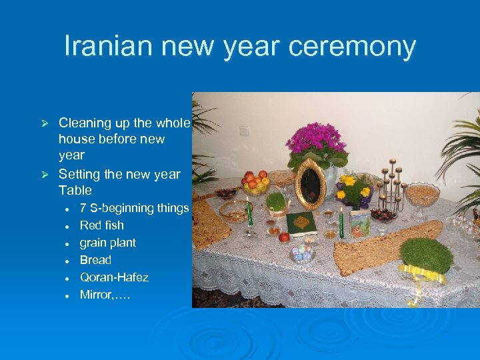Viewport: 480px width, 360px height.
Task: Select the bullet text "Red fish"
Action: [x=101, y=225]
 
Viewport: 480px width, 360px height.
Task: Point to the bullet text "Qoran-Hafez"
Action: [x=114, y=277]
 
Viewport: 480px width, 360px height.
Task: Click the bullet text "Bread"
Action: [x=95, y=260]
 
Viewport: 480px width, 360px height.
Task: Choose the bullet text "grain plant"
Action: [x=107, y=243]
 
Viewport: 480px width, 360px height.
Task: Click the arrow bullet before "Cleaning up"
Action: [x=45, y=123]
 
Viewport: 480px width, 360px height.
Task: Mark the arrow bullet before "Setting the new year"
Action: [x=45, y=175]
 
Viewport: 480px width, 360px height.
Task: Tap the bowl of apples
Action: [x=255, y=183]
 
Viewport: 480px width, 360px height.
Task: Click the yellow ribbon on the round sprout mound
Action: [x=422, y=272]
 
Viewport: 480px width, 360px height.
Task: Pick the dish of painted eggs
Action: [x=302, y=252]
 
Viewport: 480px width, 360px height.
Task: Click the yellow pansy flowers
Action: [x=353, y=189]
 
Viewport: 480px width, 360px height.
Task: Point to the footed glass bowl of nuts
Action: [x=423, y=197]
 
